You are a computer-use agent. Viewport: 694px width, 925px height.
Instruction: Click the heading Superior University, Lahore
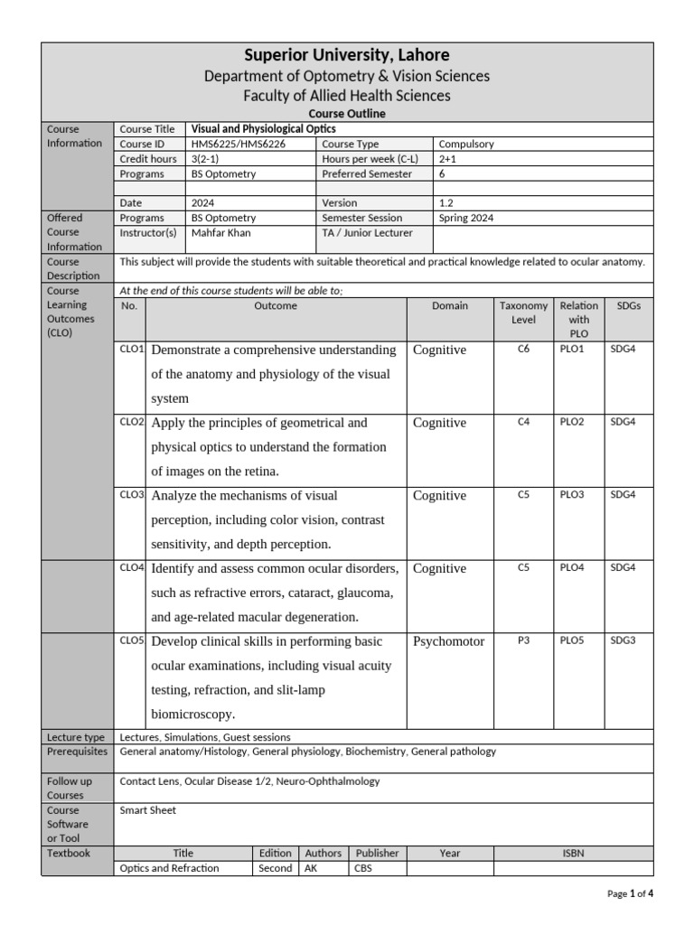coord(347,56)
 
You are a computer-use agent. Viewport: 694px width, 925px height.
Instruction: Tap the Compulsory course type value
coord(466,144)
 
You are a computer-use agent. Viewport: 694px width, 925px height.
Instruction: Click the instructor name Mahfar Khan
coord(222,232)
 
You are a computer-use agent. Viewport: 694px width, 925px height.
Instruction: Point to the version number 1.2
coord(447,203)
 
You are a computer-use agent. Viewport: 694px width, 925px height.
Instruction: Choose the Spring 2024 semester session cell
coord(466,218)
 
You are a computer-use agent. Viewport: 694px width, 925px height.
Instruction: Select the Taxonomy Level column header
coord(523,313)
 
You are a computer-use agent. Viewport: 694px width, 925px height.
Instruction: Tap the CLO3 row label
coord(132,495)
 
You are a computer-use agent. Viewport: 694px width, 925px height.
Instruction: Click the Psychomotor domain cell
coord(448,641)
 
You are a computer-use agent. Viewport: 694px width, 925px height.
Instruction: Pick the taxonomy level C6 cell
coord(523,349)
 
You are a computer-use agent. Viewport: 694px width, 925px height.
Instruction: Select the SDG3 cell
coord(623,640)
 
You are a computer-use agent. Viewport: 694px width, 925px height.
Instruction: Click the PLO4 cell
coord(572,568)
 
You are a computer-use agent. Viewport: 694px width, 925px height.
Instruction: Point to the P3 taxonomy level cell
coord(523,640)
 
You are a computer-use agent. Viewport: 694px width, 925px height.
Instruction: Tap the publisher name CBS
coord(365,868)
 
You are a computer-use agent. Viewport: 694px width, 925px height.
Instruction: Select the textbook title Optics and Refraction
coord(170,868)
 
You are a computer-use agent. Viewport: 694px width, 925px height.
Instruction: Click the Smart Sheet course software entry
coord(148,810)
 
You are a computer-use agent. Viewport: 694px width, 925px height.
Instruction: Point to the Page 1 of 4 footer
coord(630,893)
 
